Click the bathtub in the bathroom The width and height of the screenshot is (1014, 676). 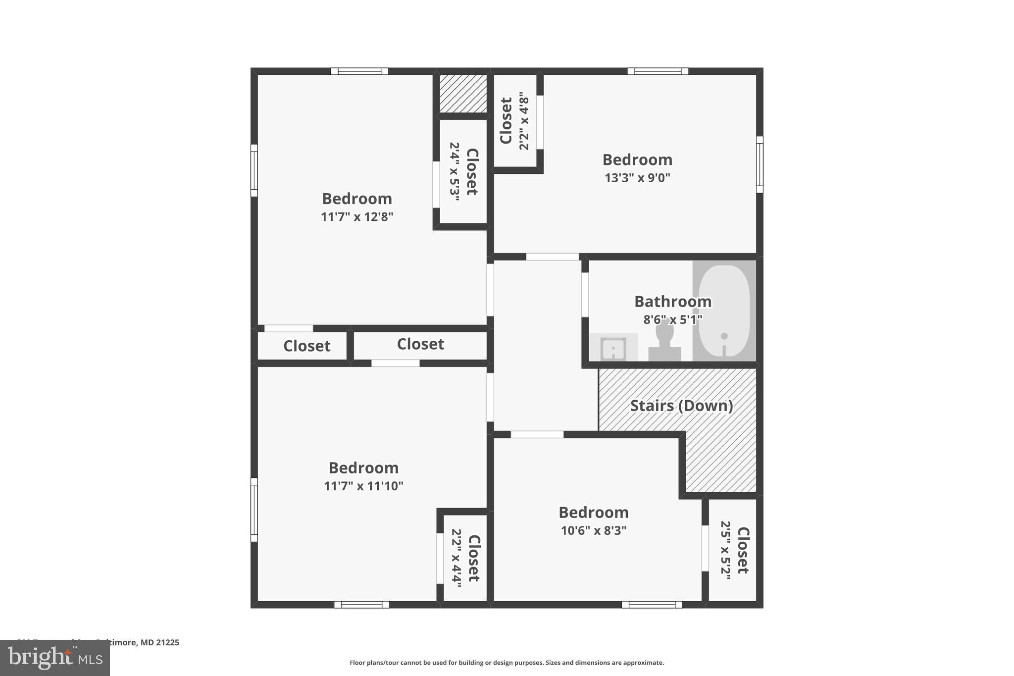[x=724, y=311]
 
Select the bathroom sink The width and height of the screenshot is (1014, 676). [x=613, y=349]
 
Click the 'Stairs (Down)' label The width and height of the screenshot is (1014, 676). [x=681, y=406]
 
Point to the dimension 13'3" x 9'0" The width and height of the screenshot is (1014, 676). [x=637, y=178]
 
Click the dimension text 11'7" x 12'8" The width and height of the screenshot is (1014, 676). [x=356, y=217]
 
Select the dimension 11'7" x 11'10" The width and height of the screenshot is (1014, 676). [x=363, y=486]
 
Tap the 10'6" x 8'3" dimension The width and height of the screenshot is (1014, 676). [x=593, y=530]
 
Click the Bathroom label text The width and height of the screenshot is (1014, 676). [x=672, y=301]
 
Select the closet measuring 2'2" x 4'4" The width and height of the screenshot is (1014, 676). [x=465, y=558]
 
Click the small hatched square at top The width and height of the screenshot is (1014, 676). [x=463, y=94]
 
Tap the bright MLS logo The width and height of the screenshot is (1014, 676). [x=54, y=658]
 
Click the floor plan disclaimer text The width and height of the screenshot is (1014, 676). [x=507, y=663]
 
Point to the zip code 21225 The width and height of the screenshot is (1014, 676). [x=167, y=642]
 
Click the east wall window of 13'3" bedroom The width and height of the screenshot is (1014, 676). [x=759, y=164]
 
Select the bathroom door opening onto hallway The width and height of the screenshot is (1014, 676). [x=585, y=295]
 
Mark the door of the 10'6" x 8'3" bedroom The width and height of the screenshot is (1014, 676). [x=537, y=434]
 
